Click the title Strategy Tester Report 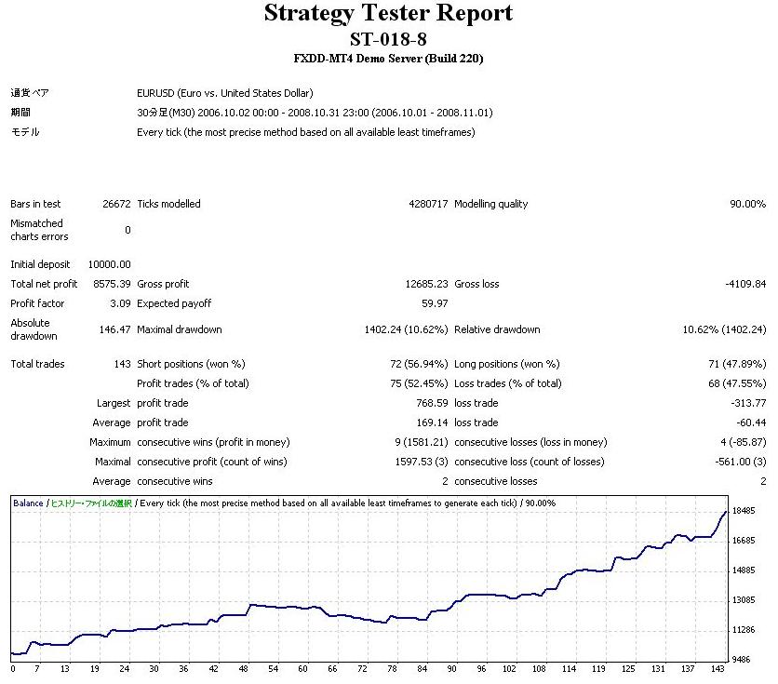coord(388,14)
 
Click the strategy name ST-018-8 coord(388,39)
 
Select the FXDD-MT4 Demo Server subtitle coord(388,59)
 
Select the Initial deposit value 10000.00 coord(110,264)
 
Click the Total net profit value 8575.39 coord(112,284)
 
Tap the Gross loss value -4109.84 coord(745,284)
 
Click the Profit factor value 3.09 coord(121,303)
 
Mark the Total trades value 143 coord(122,364)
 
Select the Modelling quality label coord(490,204)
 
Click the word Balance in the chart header coord(28,503)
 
